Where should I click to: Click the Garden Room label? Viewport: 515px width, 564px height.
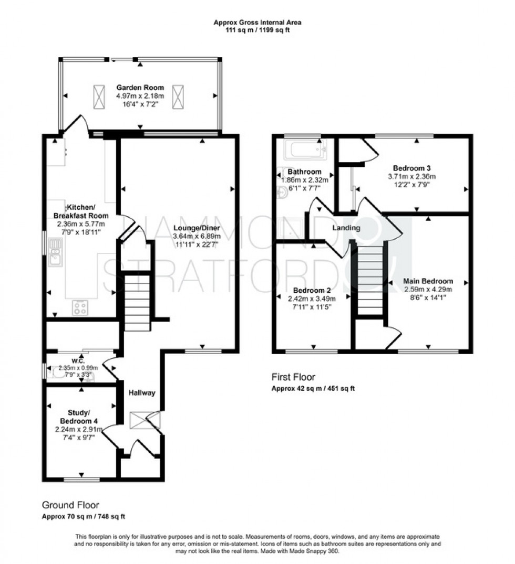coord(140,87)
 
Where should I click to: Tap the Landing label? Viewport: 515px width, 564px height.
coord(346,228)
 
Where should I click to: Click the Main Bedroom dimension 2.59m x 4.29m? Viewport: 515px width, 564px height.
coord(428,289)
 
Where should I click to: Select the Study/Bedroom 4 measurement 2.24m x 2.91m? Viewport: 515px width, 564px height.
coord(80,429)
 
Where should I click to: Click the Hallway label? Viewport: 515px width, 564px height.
coord(142,392)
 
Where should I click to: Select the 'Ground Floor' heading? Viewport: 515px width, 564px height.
coord(70,505)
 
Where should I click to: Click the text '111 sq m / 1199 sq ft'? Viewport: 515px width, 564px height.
coord(257,30)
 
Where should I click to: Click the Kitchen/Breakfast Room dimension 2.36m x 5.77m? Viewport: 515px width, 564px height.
coord(80,224)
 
